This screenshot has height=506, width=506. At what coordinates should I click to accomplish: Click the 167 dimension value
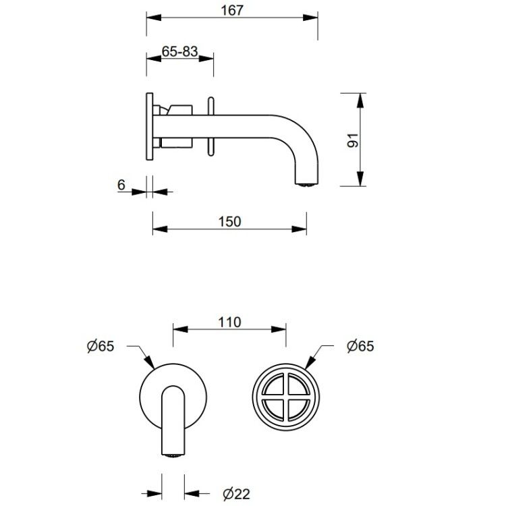(x=231, y=10)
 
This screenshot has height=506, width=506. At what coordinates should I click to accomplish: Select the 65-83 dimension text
(x=179, y=51)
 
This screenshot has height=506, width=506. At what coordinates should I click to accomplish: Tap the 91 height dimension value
(x=352, y=140)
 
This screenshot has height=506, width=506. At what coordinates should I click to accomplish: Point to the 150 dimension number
(x=229, y=222)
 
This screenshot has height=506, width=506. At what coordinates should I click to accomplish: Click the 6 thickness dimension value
(x=121, y=185)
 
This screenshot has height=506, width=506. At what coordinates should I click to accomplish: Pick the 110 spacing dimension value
(x=229, y=322)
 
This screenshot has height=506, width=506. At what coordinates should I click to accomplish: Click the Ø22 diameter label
(x=236, y=494)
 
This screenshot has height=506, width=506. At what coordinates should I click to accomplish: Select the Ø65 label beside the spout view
(x=101, y=346)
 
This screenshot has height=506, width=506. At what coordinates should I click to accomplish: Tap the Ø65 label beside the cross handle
(x=360, y=346)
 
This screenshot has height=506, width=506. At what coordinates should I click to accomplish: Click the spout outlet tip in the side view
(x=308, y=185)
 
